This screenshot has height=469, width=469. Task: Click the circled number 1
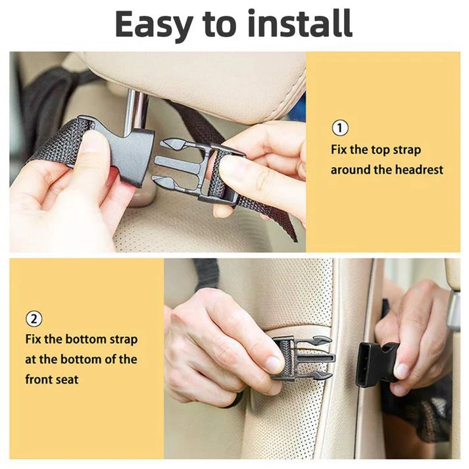(x=340, y=128)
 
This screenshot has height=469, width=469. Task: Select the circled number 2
(x=34, y=319)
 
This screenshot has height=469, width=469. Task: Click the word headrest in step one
(x=419, y=170)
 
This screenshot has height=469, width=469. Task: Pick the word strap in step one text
(x=407, y=149)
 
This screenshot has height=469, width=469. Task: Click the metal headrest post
(x=136, y=109)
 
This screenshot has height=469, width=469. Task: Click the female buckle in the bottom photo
(x=376, y=363)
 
